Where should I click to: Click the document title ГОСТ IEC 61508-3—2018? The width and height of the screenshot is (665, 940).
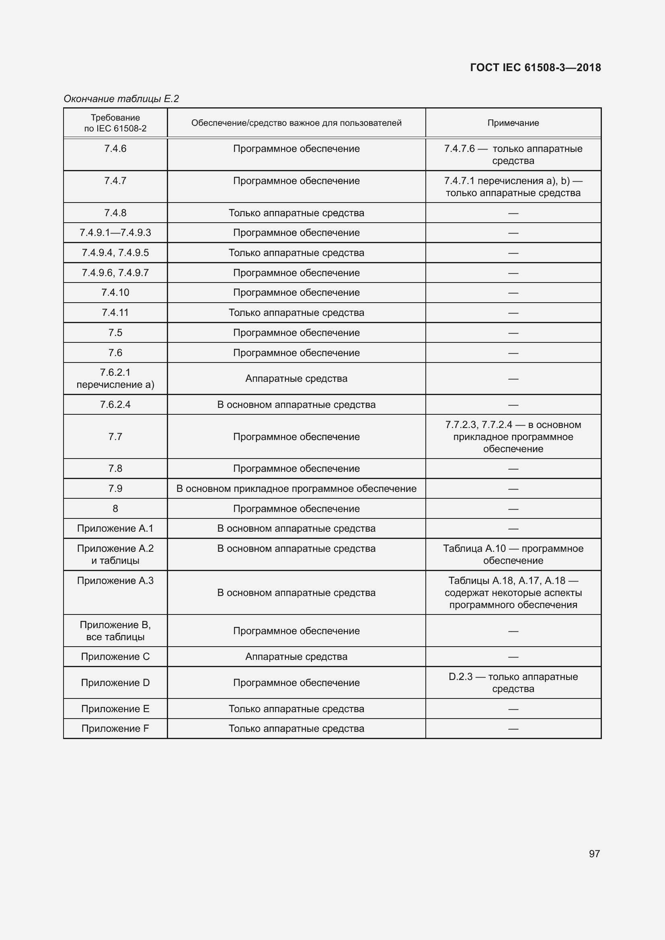pyautogui.click(x=535, y=68)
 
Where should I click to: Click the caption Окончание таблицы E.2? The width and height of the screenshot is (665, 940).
pyautogui.click(x=121, y=99)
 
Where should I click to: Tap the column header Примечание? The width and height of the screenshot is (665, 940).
pyautogui.click(x=513, y=123)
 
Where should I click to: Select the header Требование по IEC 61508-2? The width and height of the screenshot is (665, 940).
pyautogui.click(x=115, y=123)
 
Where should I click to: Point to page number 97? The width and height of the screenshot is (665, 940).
pyautogui.click(x=594, y=853)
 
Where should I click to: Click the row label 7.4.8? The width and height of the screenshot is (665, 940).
pyautogui.click(x=115, y=213)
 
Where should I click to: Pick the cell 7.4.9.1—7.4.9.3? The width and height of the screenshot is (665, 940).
pyautogui.click(x=115, y=233)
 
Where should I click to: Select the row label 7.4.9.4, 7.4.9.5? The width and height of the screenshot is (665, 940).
pyautogui.click(x=115, y=253)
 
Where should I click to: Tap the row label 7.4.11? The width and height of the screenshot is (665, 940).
pyautogui.click(x=115, y=312)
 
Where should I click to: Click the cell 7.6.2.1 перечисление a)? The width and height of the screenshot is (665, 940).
pyautogui.click(x=115, y=378)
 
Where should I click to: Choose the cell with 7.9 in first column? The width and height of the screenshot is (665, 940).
pyautogui.click(x=115, y=488)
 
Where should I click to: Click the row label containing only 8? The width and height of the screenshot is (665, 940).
pyautogui.click(x=115, y=508)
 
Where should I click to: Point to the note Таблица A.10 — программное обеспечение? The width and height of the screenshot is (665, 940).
pyautogui.click(x=513, y=554)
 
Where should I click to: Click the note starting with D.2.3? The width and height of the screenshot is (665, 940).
pyautogui.click(x=513, y=682)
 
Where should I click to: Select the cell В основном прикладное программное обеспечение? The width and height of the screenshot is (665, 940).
pyautogui.click(x=296, y=488)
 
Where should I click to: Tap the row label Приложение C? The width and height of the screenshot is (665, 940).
pyautogui.click(x=115, y=656)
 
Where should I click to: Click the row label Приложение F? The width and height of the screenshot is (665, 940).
pyautogui.click(x=115, y=728)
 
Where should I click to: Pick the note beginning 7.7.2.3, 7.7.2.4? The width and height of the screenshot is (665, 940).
pyautogui.click(x=513, y=436)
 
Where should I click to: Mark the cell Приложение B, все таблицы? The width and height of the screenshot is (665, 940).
pyautogui.click(x=115, y=631)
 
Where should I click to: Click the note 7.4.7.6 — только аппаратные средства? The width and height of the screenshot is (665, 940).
pyautogui.click(x=513, y=154)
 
